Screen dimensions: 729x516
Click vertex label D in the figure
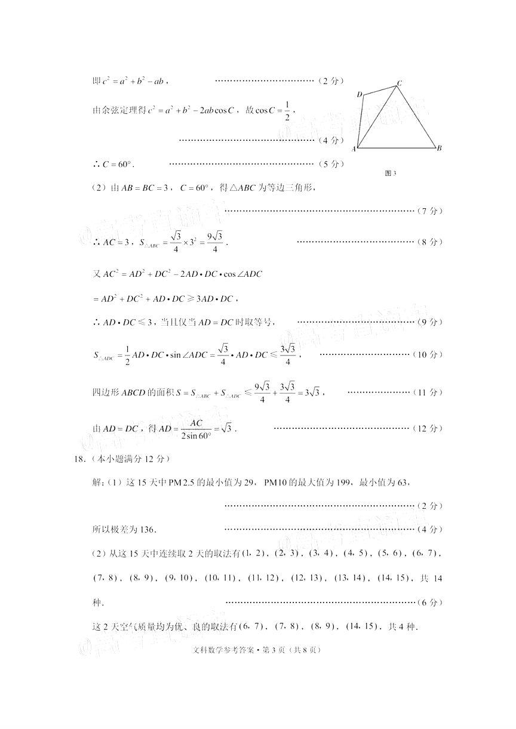coord(360,94)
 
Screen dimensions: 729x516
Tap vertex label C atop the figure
coord(399,83)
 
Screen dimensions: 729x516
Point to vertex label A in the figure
coord(354,149)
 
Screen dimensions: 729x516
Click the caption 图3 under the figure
coord(391,174)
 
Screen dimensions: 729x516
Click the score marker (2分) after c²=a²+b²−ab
coord(331,81)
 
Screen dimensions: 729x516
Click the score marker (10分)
coord(428,355)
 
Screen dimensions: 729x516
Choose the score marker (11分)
coord(428,393)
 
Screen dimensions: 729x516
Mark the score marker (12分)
coord(428,428)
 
